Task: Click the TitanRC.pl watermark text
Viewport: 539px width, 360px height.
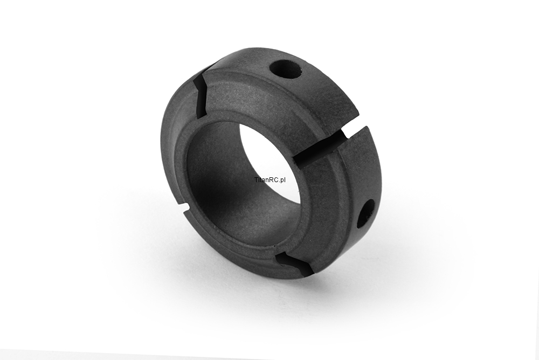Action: pyautogui.click(x=270, y=180)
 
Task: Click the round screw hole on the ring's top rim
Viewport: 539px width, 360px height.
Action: pyautogui.click(x=286, y=69)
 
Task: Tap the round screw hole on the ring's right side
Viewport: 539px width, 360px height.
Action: pyautogui.click(x=365, y=213)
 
